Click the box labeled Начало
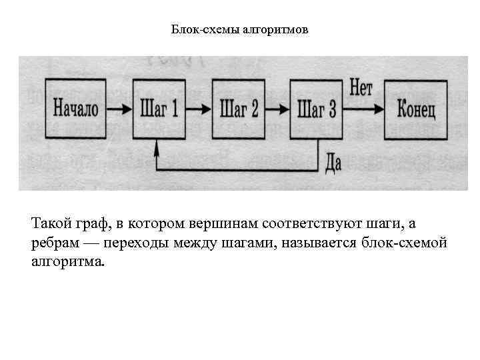tap(75, 108)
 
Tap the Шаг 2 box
tap(238, 108)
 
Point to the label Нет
tap(361, 87)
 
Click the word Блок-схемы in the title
tap(196, 30)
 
